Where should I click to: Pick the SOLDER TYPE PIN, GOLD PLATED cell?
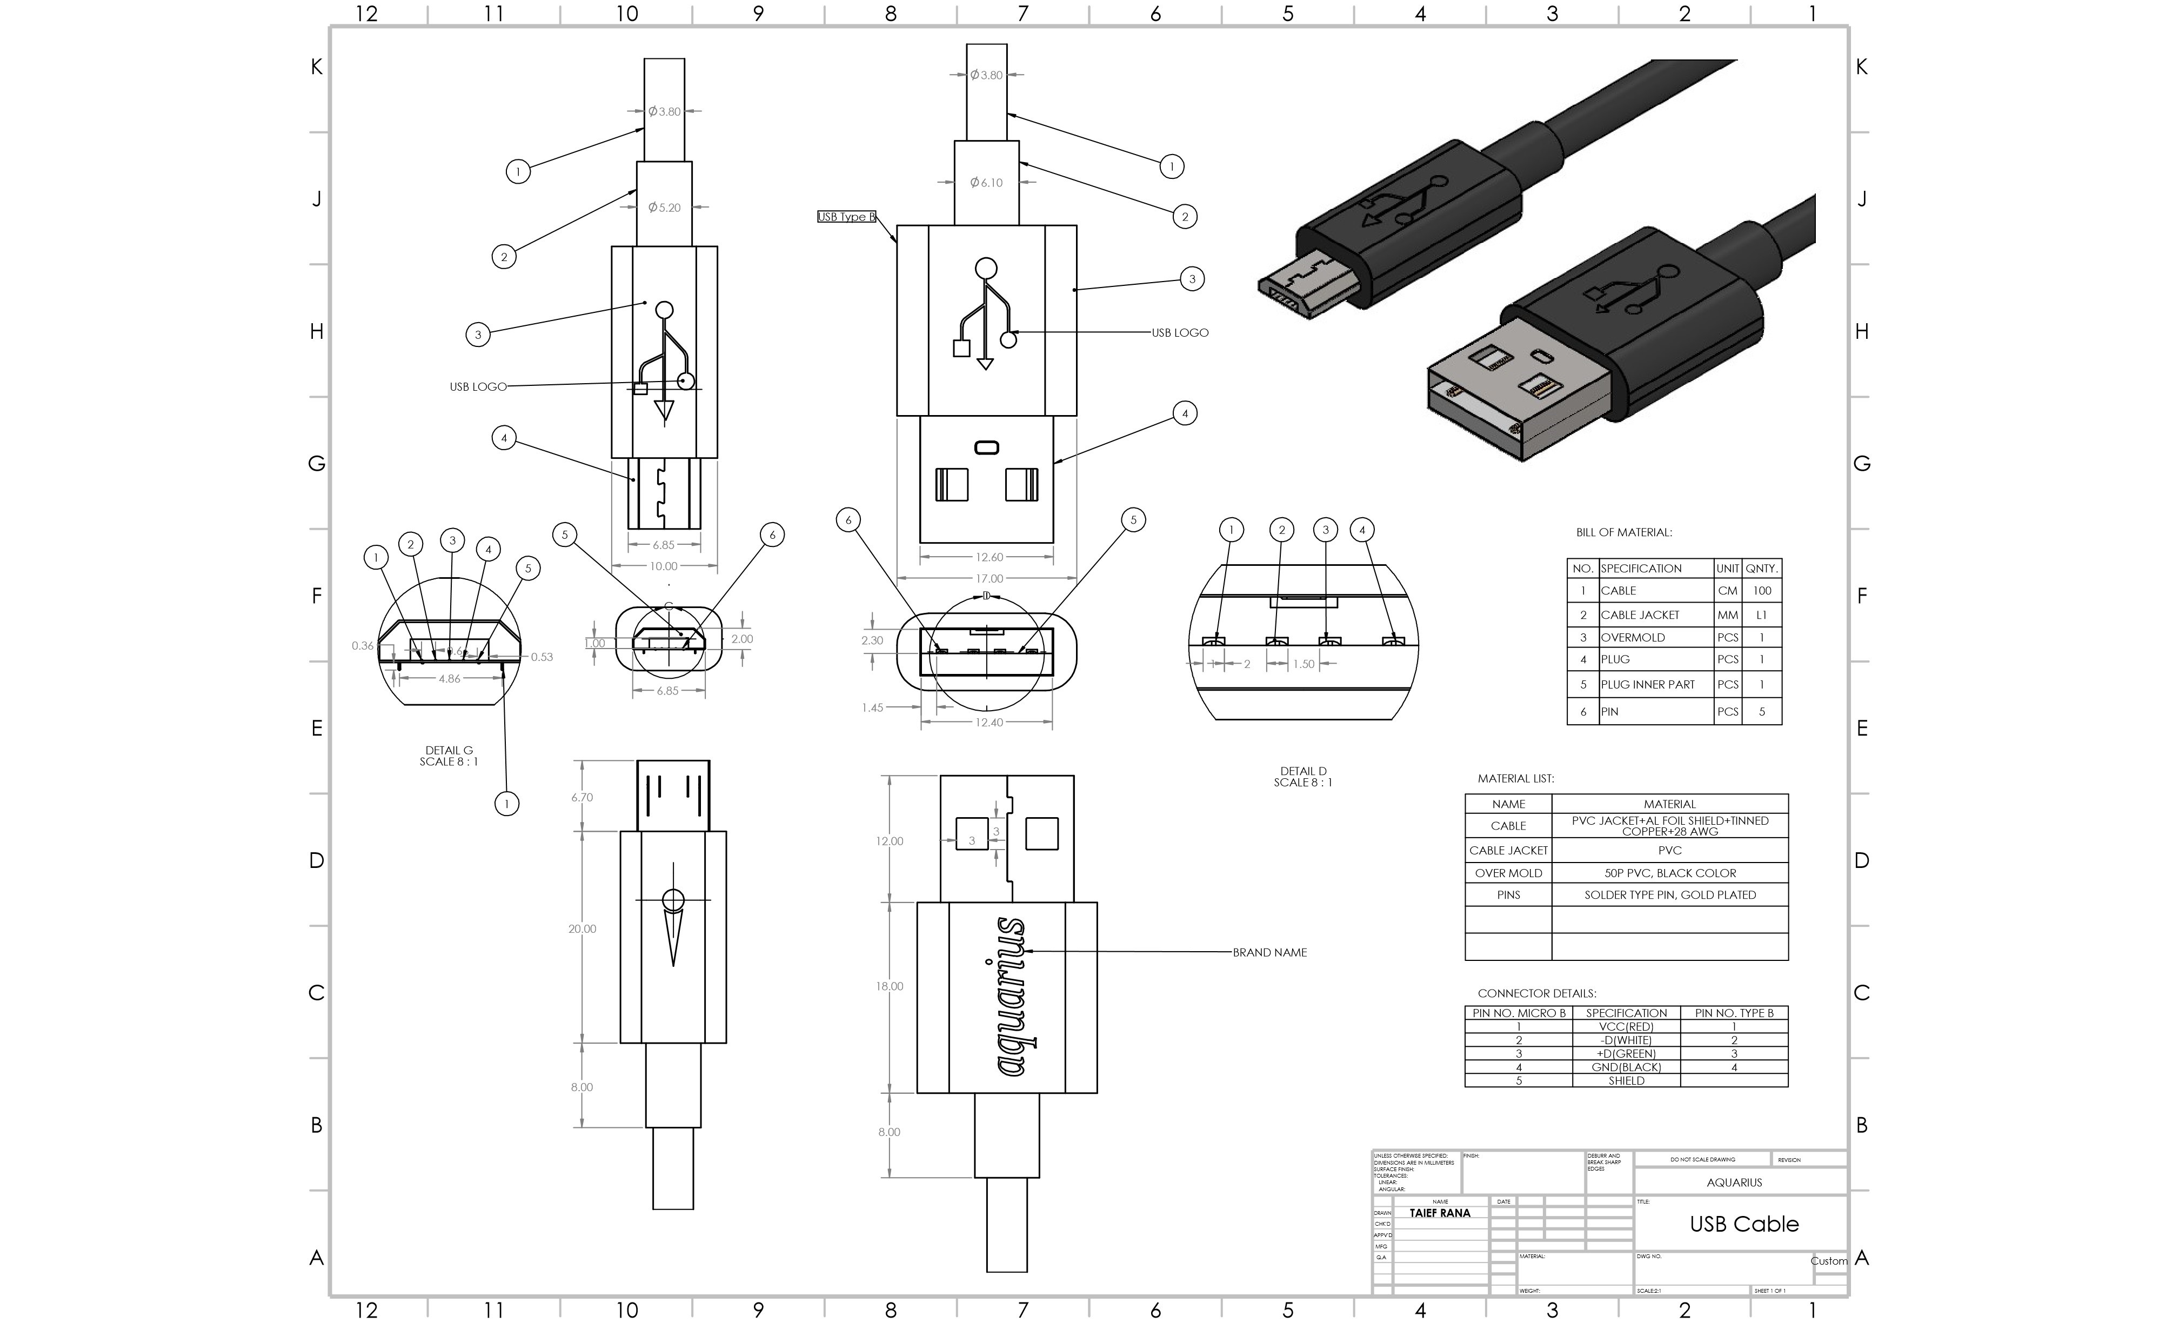tap(1669, 895)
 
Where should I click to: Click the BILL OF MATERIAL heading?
tap(1623, 532)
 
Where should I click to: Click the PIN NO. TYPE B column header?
tap(1733, 1013)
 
